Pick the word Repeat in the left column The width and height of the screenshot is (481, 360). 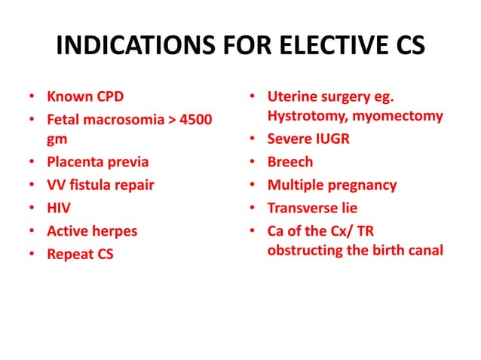69,255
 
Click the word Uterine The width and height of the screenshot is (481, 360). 293,97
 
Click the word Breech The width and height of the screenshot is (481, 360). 290,162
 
